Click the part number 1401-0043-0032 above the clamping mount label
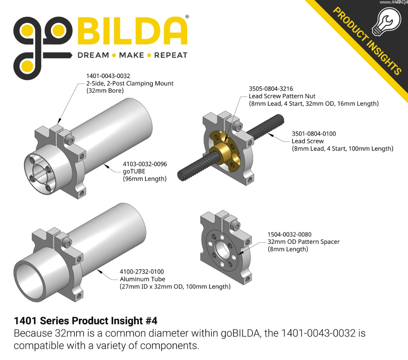(x=108, y=76)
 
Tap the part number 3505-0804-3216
(x=271, y=89)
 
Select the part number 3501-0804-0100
(x=314, y=134)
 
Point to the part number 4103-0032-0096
(x=145, y=164)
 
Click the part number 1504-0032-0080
(x=290, y=234)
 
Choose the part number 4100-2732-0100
(x=142, y=272)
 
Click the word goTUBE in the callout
(x=134, y=172)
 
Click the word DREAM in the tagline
(x=93, y=55)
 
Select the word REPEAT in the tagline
(x=171, y=55)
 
